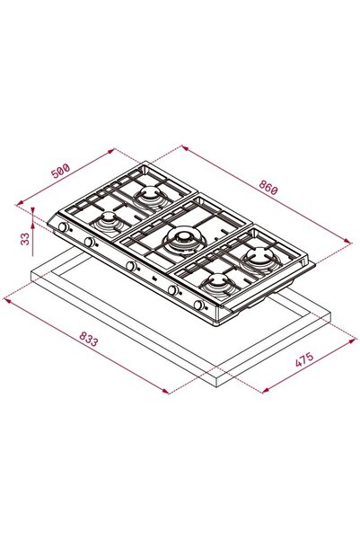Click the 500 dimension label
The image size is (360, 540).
60,171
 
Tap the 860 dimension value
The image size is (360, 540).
268,188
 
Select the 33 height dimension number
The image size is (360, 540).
25,239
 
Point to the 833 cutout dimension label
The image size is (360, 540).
89,339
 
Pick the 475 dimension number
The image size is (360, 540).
304,359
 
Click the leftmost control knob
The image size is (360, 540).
64,227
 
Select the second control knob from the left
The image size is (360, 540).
89,242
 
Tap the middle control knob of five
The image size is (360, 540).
130,266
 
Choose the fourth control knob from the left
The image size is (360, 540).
172,290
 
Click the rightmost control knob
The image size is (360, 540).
198,305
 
